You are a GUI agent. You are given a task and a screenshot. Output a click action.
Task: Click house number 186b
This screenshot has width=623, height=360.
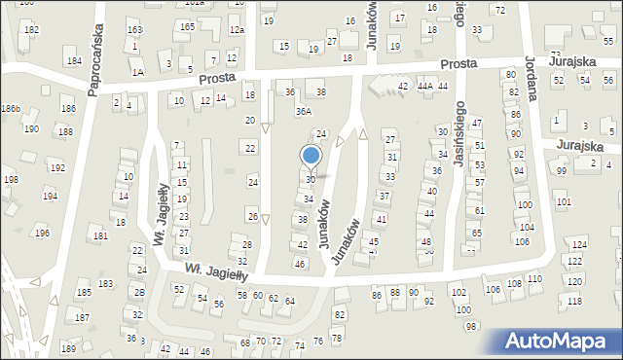(11, 108)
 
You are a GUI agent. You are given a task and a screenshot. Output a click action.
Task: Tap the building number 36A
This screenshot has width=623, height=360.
(304, 112)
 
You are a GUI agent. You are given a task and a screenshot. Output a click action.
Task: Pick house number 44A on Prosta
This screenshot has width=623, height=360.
(424, 87)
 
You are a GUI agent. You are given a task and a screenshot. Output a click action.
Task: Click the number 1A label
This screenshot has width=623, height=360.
(138, 72)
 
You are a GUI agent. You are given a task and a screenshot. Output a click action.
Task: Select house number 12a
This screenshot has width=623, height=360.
(236, 30)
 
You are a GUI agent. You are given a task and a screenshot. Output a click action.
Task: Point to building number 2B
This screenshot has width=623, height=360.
(139, 292)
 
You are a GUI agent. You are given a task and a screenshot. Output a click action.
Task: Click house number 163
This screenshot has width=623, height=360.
(134, 31)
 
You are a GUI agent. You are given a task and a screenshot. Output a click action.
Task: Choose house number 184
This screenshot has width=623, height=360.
(73, 61)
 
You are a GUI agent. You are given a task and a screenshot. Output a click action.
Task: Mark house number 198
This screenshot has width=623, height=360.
(11, 180)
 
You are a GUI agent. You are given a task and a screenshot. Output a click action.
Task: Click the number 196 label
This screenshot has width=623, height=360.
(42, 234)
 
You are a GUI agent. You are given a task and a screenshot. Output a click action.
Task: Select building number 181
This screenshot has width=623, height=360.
(99, 236)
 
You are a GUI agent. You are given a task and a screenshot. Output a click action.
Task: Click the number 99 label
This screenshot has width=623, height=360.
(562, 171)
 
